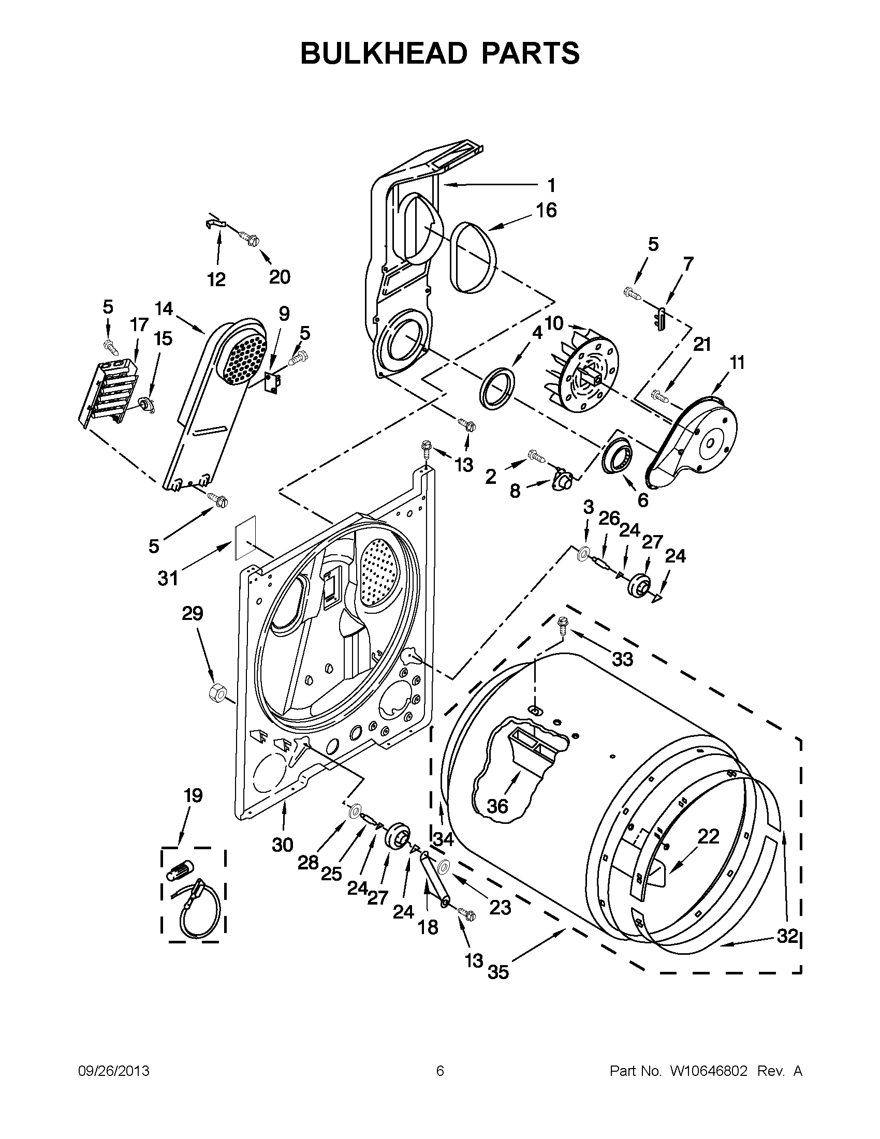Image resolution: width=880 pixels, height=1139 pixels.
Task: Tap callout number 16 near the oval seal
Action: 546,210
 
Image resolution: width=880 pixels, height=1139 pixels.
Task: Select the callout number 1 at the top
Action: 551,185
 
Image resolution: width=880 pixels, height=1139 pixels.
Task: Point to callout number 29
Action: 192,613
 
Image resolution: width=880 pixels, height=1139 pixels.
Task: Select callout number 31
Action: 168,578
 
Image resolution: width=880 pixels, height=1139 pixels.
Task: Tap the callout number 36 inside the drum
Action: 497,807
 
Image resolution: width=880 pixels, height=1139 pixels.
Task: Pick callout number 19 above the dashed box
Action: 193,796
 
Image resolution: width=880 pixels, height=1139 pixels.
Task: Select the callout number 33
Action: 622,660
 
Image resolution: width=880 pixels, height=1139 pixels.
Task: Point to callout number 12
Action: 216,279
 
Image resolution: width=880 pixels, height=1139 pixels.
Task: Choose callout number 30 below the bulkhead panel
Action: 282,845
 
